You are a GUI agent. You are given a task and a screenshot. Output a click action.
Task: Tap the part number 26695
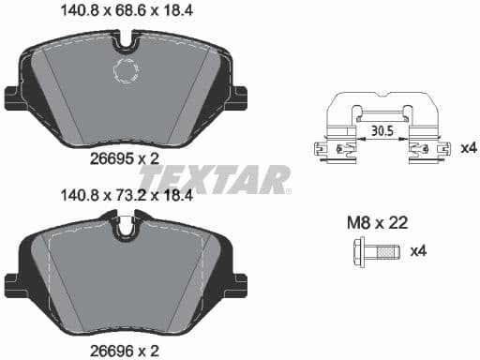pyautogui.click(x=113, y=159)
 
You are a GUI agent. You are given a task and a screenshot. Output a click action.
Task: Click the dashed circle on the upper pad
pyautogui.click(x=125, y=71)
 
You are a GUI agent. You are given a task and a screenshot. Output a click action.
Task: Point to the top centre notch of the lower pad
pyautogui.click(x=125, y=225)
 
